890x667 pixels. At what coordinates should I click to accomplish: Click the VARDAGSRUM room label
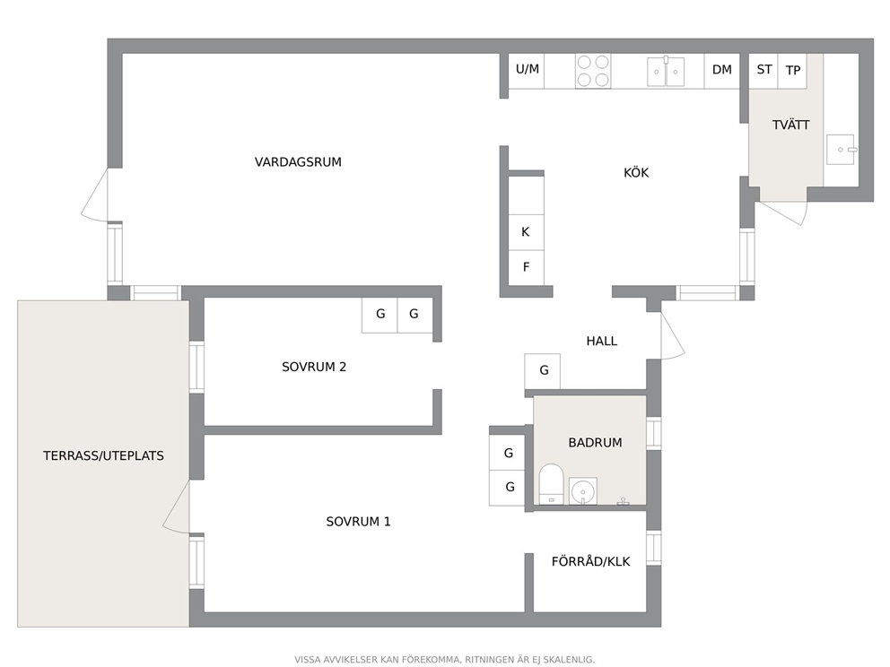pyautogui.click(x=298, y=162)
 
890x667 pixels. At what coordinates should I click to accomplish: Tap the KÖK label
pyautogui.click(x=636, y=172)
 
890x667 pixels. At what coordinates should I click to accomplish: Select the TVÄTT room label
pyautogui.click(x=790, y=125)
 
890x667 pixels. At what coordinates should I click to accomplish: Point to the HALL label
pyautogui.click(x=602, y=341)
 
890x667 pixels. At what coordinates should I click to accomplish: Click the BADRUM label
pyautogui.click(x=595, y=442)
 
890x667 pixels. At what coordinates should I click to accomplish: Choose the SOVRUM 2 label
pyautogui.click(x=314, y=367)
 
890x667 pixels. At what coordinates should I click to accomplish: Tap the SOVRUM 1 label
pyautogui.click(x=358, y=522)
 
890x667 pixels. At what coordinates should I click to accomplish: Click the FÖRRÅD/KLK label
pyautogui.click(x=591, y=561)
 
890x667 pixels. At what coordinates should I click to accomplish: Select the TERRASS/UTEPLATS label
pyautogui.click(x=103, y=455)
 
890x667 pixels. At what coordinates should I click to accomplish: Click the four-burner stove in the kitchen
pyautogui.click(x=592, y=71)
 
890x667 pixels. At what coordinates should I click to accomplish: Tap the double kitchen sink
pyautogui.click(x=666, y=71)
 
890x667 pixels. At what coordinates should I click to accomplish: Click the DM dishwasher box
pyautogui.click(x=722, y=71)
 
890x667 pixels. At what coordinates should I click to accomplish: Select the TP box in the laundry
pyautogui.click(x=792, y=71)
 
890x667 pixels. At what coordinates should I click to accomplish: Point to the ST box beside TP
pyautogui.click(x=763, y=71)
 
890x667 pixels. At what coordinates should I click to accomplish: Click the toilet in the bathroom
pyautogui.click(x=551, y=484)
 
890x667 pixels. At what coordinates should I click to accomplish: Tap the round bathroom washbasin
pyautogui.click(x=583, y=490)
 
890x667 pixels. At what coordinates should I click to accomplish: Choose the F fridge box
pyautogui.click(x=526, y=267)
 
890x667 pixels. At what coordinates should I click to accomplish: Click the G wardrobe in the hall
pyautogui.click(x=543, y=371)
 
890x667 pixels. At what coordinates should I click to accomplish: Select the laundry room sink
pyautogui.click(x=841, y=149)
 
